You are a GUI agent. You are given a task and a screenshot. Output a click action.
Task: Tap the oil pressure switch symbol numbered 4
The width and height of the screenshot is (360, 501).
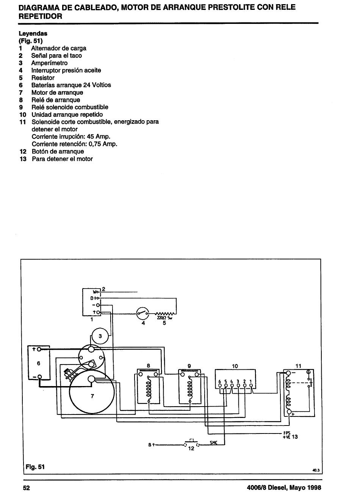coord(143,314)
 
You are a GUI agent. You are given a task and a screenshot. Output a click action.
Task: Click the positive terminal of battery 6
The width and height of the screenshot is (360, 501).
coord(39,349)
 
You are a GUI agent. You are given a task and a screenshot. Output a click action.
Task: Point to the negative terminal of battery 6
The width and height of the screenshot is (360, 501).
coord(39,377)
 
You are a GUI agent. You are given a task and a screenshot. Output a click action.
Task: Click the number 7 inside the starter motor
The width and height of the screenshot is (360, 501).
coord(92,396)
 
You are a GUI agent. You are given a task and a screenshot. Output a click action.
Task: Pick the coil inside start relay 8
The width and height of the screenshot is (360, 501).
coord(149,389)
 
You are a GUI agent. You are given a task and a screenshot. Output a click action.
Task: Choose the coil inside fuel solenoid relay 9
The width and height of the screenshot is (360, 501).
coord(190,389)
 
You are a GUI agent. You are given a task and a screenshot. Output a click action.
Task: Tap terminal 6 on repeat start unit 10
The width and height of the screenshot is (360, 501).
coord(220,385)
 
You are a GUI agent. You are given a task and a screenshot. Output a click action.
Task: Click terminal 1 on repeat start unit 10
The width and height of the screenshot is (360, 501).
coord(251,385)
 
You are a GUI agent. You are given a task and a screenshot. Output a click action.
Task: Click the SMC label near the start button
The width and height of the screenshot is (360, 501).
coord(214,442)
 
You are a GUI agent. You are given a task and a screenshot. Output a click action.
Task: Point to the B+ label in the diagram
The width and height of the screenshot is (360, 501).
coord(151,445)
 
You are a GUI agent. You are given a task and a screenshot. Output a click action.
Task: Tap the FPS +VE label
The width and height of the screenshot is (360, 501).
coord(286,435)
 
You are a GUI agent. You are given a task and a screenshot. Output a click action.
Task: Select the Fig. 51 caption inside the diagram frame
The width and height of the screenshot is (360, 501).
coord(35,467)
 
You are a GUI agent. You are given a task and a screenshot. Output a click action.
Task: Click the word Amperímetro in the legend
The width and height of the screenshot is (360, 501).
coord(49,63)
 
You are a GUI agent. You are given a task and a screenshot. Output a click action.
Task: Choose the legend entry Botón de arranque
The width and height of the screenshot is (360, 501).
coord(58,151)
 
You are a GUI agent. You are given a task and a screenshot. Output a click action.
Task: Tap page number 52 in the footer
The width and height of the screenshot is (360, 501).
coord(27,488)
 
